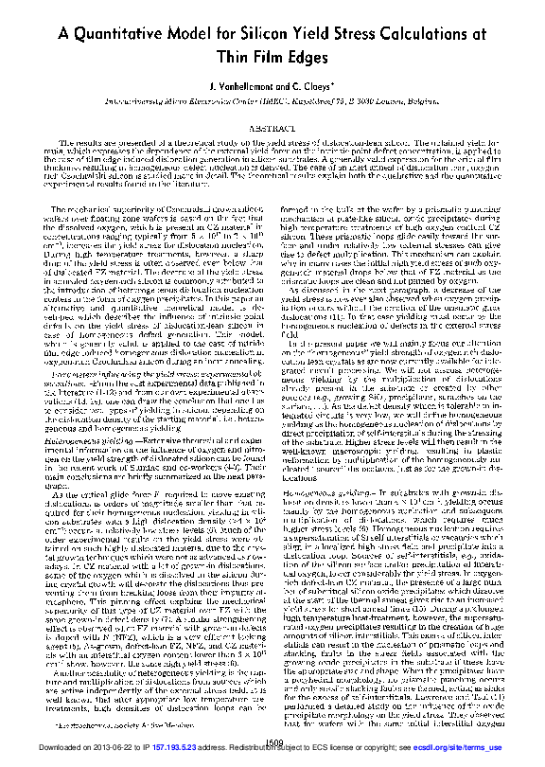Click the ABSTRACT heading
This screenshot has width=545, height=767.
coord(272,126)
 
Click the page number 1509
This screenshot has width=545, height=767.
coord(272,740)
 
